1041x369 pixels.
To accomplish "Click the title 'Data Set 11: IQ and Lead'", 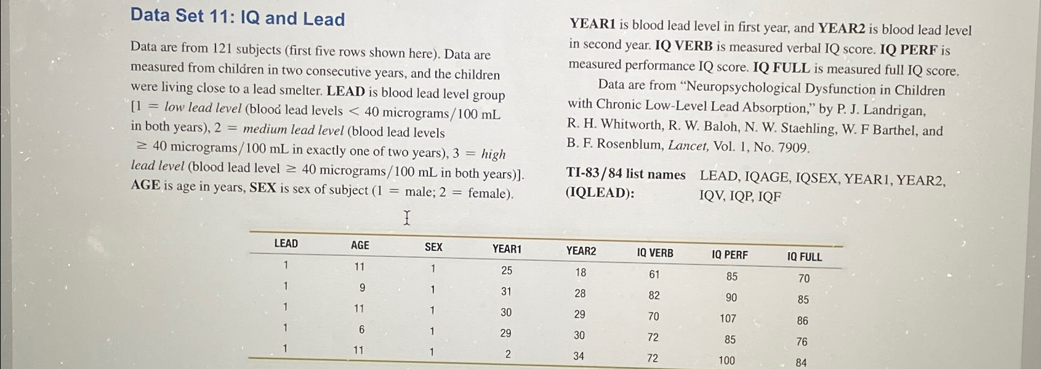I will [x=237, y=17].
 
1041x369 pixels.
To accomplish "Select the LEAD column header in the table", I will [x=286, y=244].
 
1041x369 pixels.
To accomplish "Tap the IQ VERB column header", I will [x=655, y=253].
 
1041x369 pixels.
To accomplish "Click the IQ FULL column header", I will [x=804, y=257].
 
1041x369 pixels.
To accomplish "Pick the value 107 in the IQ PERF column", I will [x=728, y=319].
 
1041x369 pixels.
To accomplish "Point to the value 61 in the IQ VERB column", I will [x=654, y=274].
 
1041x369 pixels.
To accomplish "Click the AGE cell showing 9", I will [x=362, y=288].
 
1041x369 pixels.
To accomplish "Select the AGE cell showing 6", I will [x=361, y=330].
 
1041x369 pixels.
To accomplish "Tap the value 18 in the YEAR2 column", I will [x=581, y=272].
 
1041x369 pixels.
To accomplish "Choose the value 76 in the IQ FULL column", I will [x=802, y=341].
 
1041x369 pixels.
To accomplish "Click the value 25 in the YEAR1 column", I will [x=507, y=271].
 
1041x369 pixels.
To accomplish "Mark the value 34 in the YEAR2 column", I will [x=579, y=355].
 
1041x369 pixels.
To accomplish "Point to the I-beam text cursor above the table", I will [x=406, y=218].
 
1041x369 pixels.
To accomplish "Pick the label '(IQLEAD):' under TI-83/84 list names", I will [x=600, y=193].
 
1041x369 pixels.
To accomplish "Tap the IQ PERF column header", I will [x=730, y=255].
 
